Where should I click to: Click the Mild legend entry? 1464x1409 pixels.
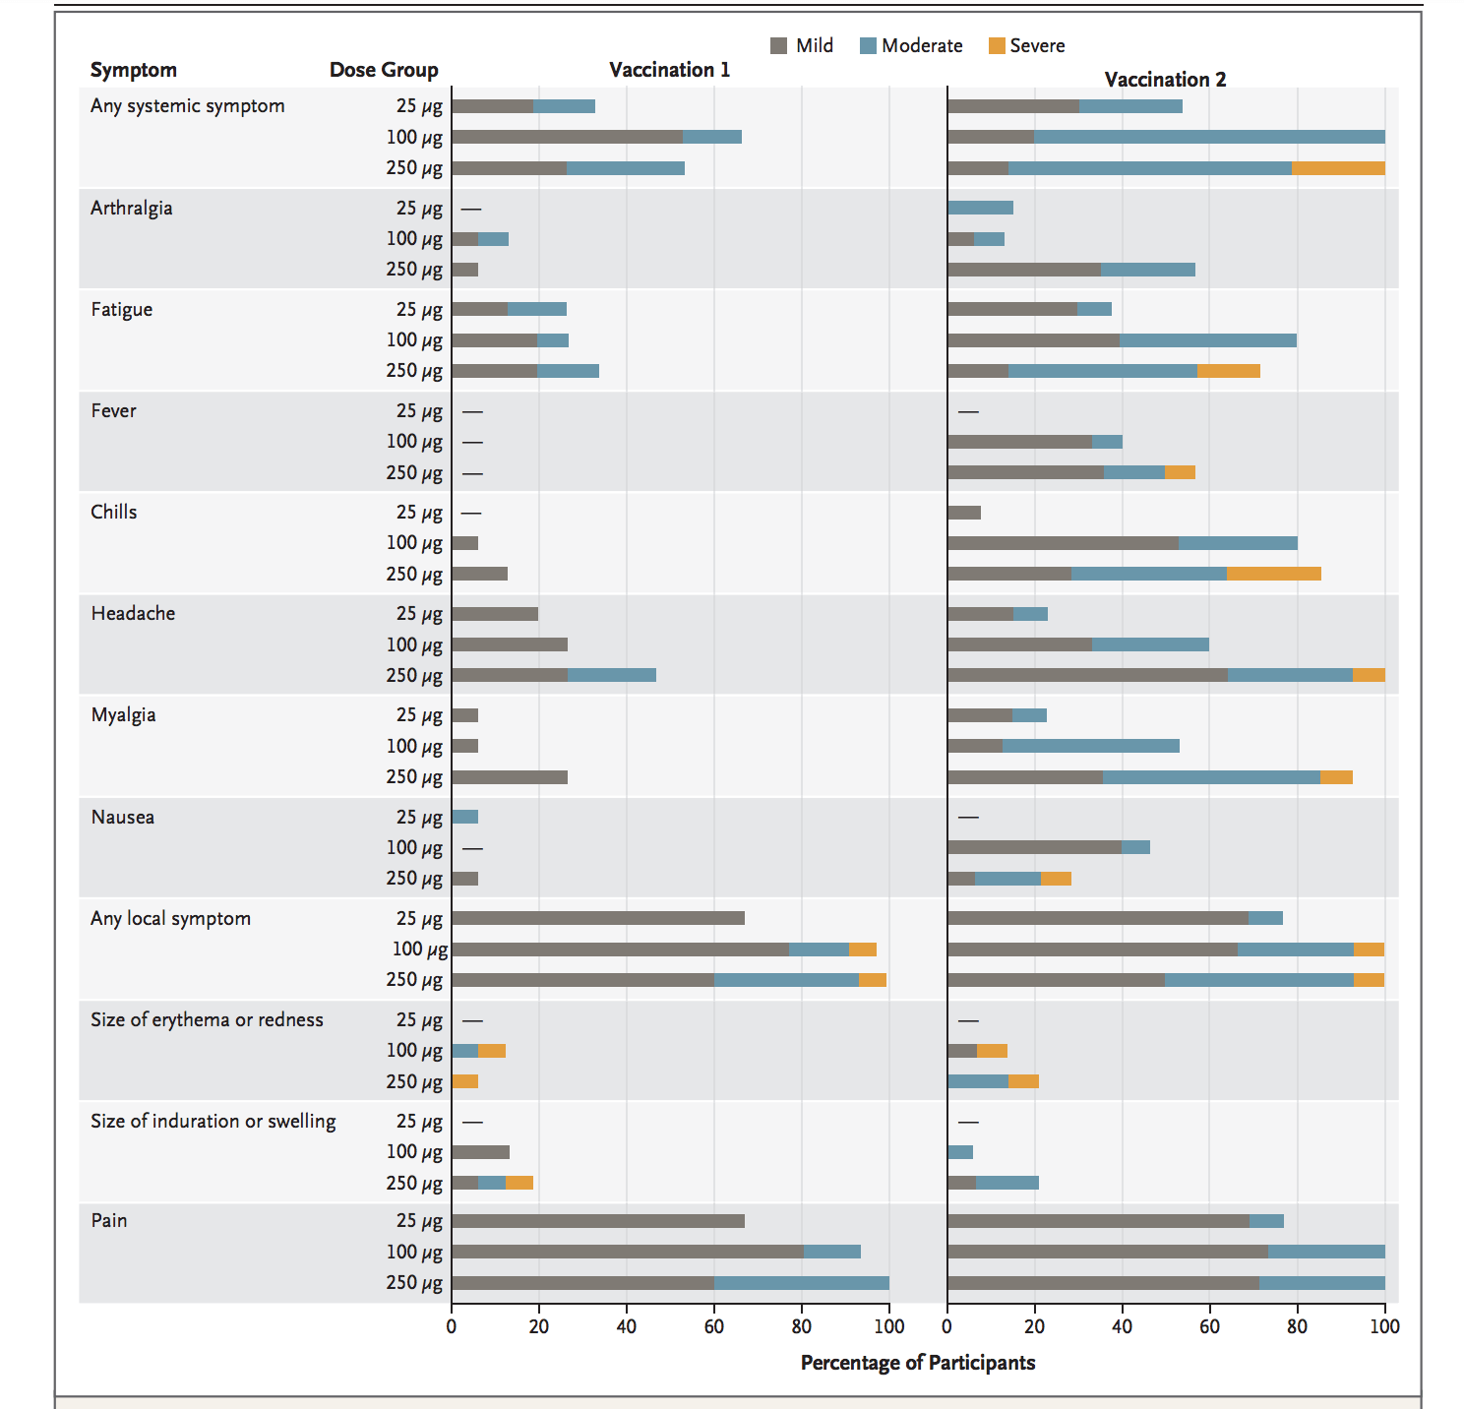pos(802,46)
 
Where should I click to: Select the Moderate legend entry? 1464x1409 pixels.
pos(910,46)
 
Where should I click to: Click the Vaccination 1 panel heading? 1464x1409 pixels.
pos(669,70)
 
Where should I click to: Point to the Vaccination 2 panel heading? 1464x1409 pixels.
pos(1165,80)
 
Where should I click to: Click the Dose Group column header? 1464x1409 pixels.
pos(384,70)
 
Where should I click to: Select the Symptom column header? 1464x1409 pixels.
pos(134,70)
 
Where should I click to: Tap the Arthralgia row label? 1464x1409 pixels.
pos(132,208)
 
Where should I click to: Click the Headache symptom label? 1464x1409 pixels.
pos(133,613)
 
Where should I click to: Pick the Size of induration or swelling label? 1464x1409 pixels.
pos(213,1121)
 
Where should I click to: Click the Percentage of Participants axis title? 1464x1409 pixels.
pos(917,1363)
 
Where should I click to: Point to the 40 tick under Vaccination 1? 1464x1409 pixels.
pos(627,1326)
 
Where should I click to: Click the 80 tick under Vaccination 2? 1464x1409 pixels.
pos(1297,1326)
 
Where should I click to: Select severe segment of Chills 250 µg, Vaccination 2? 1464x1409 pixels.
pos(1274,574)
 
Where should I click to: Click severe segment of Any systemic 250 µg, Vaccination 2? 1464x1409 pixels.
pos(1338,168)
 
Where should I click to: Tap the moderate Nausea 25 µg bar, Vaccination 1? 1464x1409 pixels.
pos(464,817)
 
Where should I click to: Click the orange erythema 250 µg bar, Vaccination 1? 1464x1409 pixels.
pos(464,1081)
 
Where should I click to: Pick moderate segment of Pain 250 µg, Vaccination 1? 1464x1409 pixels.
pos(801,1283)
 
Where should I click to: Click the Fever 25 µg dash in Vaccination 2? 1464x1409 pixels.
pos(968,411)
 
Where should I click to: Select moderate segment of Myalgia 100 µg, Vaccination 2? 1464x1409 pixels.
pos(1090,746)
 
